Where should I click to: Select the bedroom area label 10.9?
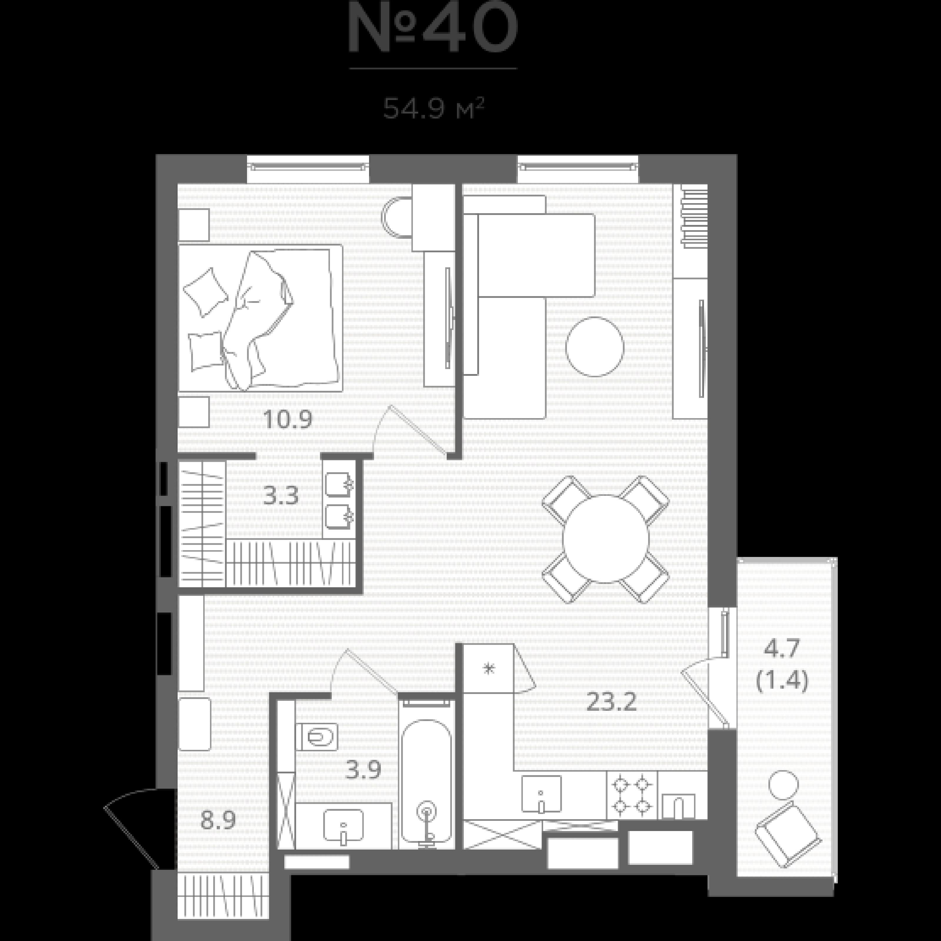click(287, 419)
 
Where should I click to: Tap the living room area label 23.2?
click(611, 702)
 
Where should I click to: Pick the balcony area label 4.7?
click(781, 649)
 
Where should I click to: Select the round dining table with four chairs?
click(605, 539)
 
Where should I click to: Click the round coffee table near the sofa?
click(595, 346)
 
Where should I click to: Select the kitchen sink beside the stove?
click(541, 794)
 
